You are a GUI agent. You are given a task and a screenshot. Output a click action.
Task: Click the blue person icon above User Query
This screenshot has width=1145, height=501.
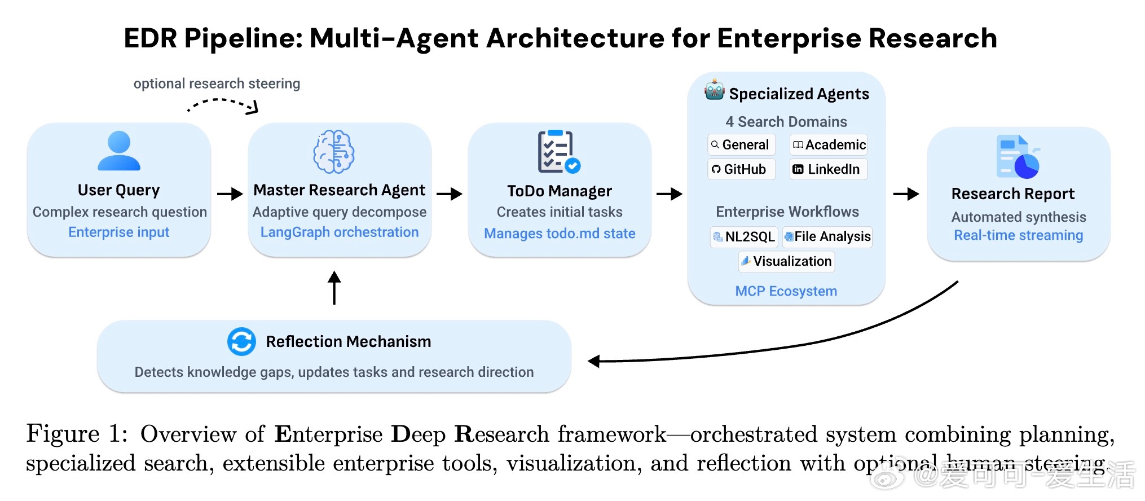[x=119, y=151]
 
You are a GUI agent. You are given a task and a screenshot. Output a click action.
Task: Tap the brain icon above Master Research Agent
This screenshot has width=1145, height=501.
[x=334, y=151]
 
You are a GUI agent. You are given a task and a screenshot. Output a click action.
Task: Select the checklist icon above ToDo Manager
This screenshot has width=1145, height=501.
[x=558, y=151]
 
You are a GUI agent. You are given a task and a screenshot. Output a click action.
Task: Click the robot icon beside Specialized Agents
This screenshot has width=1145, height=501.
[x=714, y=90]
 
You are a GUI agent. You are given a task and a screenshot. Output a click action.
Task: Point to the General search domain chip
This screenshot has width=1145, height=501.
[x=741, y=145]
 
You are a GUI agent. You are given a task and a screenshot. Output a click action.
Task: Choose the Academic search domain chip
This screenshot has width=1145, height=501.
[x=829, y=145]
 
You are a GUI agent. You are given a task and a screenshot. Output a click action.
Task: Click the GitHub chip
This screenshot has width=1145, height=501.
[x=741, y=169]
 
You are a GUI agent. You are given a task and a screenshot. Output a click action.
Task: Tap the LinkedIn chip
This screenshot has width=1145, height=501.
[x=828, y=169]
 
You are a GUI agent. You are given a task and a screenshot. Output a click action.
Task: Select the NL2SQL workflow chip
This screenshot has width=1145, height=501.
[x=744, y=236]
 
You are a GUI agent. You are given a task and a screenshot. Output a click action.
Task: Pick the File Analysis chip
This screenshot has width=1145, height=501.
[x=827, y=236]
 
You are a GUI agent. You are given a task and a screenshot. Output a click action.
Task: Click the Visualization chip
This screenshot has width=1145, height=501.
[x=786, y=261]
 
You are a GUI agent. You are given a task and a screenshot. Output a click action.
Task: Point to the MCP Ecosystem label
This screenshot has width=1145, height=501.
[x=786, y=291]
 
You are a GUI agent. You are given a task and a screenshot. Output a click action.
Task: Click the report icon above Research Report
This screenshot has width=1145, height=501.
[x=1018, y=157]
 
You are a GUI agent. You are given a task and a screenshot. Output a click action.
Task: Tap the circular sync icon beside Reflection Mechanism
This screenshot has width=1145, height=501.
[x=241, y=341]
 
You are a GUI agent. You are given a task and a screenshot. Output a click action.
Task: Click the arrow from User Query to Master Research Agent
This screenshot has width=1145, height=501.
[x=230, y=194]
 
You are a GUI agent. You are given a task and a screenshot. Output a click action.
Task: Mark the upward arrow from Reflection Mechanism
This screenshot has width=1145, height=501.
[x=334, y=288]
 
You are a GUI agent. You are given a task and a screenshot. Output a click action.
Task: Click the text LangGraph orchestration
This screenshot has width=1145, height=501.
[x=340, y=232]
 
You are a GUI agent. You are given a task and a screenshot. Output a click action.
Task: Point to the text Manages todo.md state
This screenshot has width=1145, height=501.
[x=560, y=233]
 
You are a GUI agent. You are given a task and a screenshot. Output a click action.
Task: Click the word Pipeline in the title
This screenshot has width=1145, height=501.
[x=243, y=39]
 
